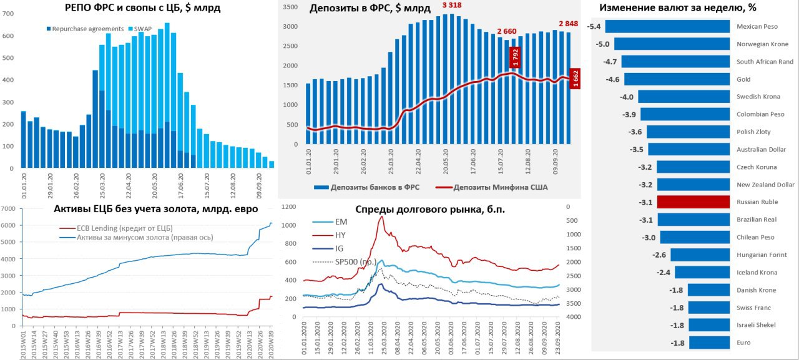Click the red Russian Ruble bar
click(694, 202)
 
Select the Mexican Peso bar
click(667, 26)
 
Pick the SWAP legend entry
click(142, 29)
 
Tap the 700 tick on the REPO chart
click(9, 14)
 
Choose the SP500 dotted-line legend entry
click(350, 261)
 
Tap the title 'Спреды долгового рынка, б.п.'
click(429, 210)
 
